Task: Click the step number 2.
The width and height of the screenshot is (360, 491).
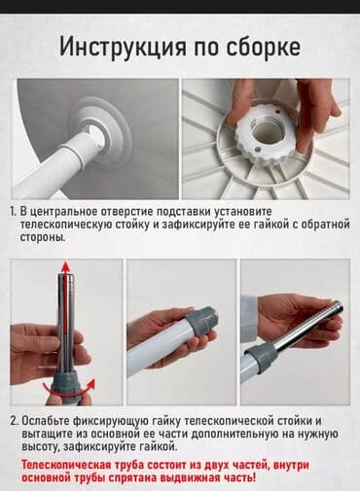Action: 14,420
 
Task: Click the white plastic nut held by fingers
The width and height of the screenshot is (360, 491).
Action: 267,135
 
